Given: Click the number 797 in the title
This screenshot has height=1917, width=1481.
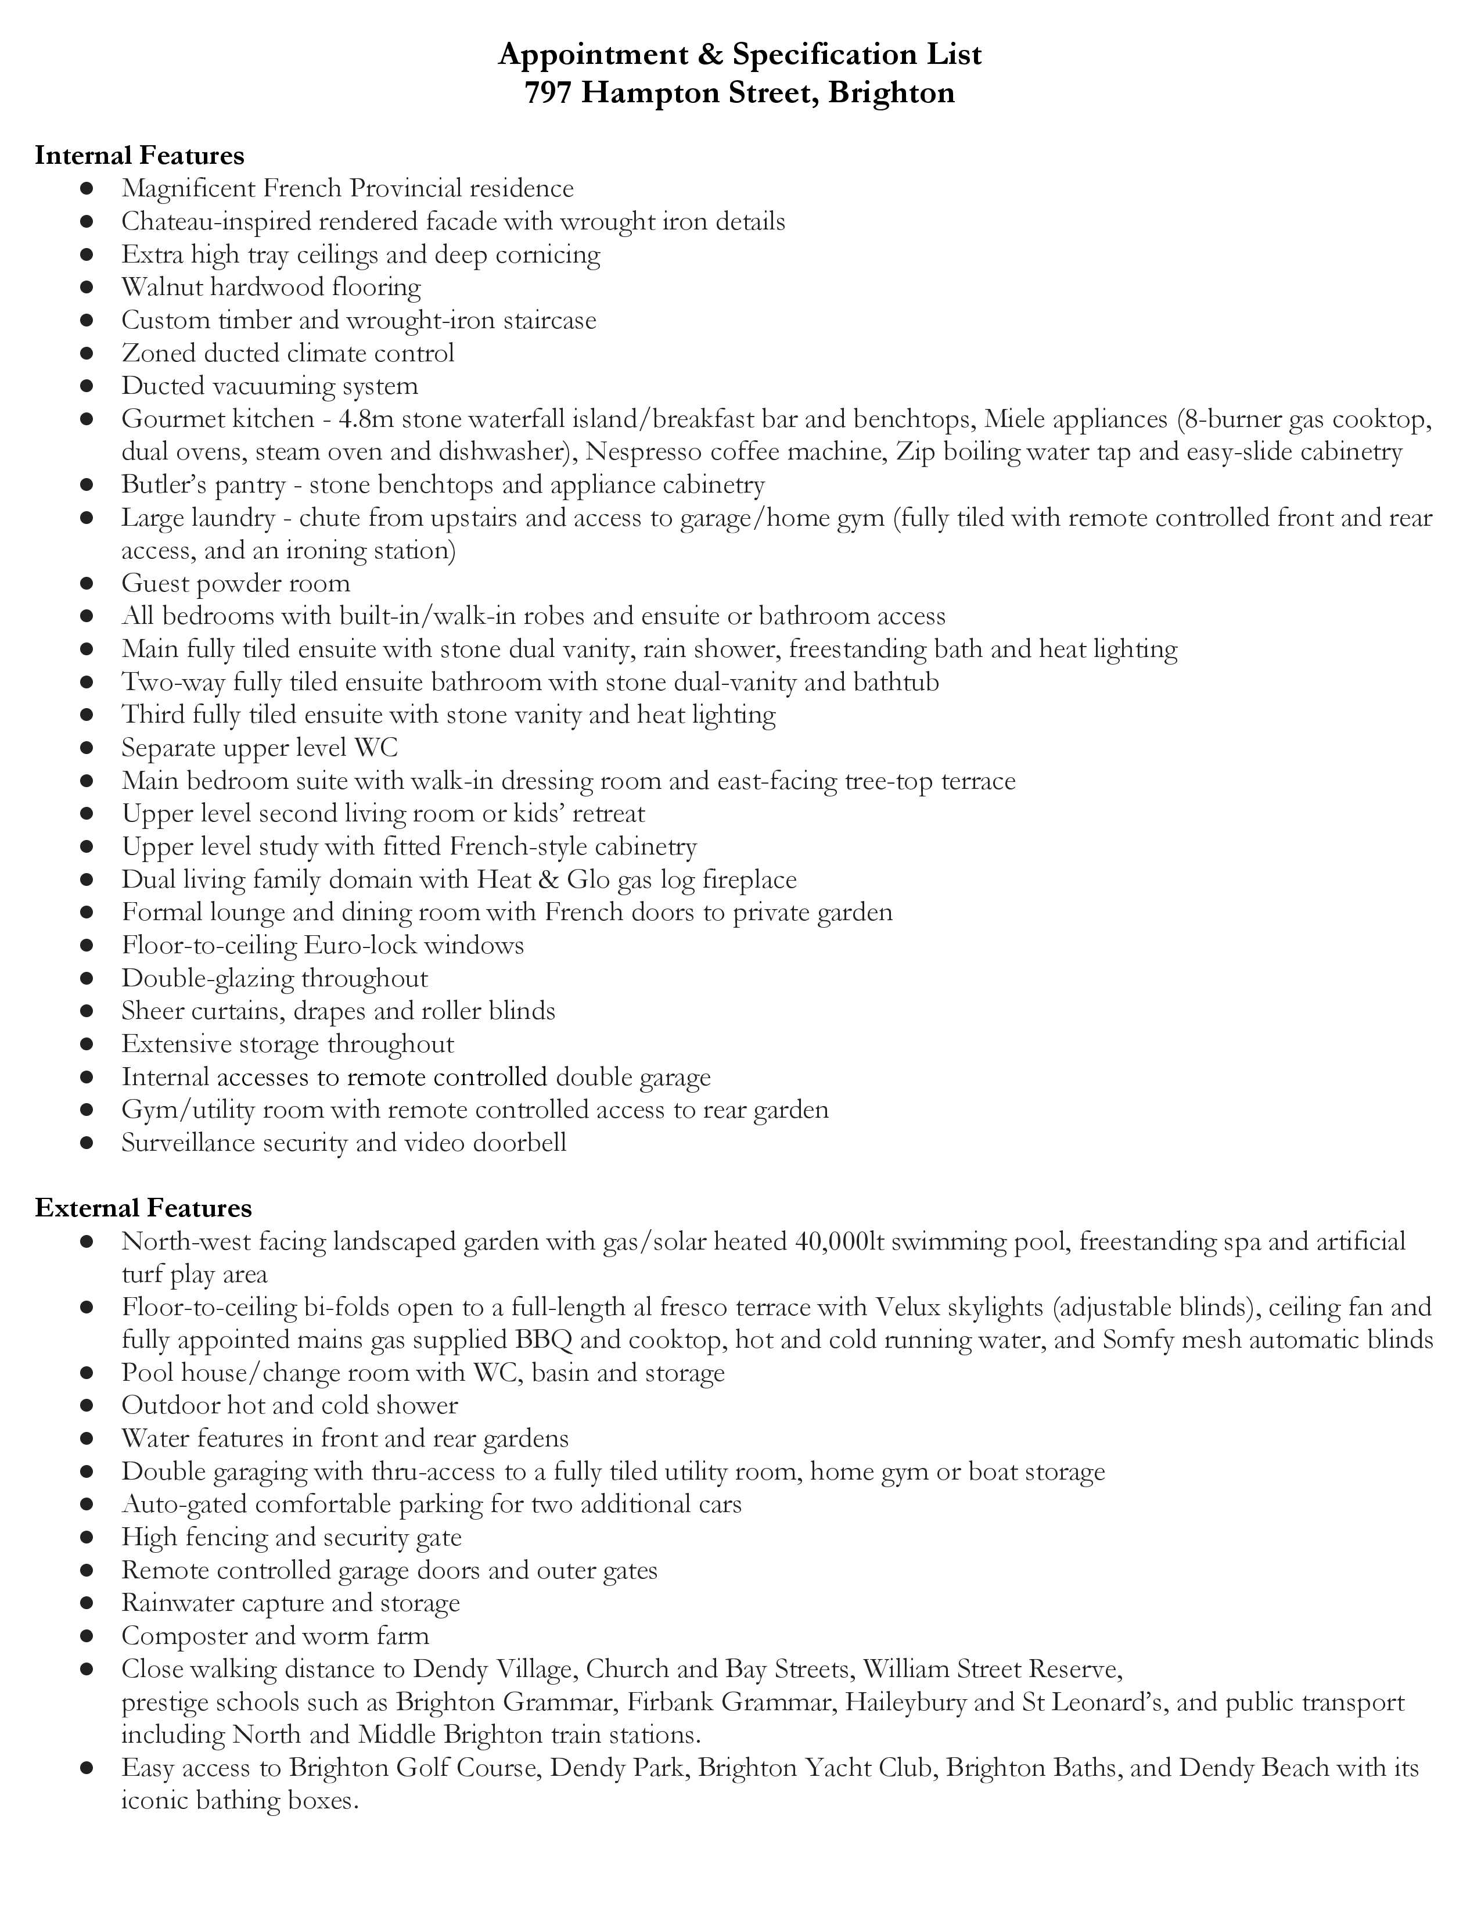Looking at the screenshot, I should point(549,92).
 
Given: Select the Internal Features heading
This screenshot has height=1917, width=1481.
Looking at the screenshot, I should point(139,155).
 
